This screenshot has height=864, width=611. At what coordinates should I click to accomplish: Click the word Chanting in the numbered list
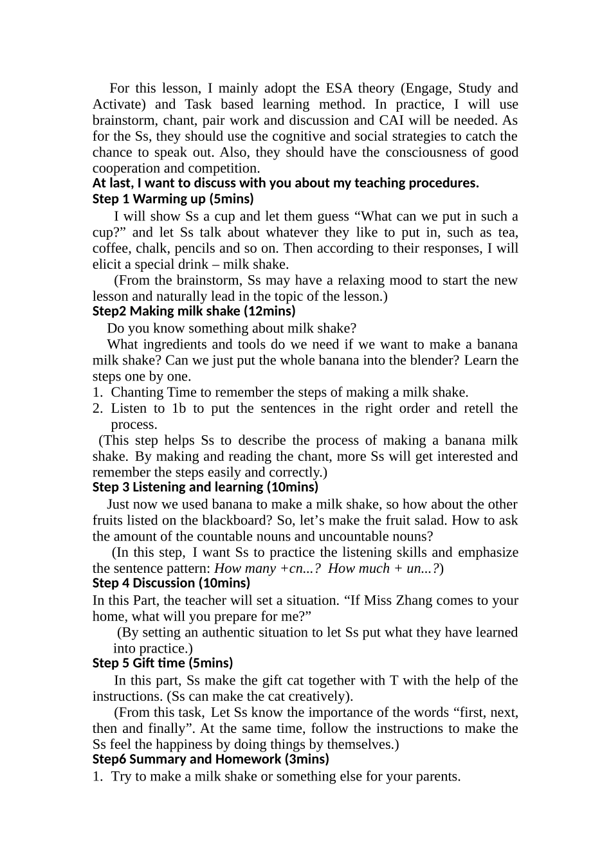(x=137, y=392)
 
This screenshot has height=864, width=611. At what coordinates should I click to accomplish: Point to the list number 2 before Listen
(x=97, y=408)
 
